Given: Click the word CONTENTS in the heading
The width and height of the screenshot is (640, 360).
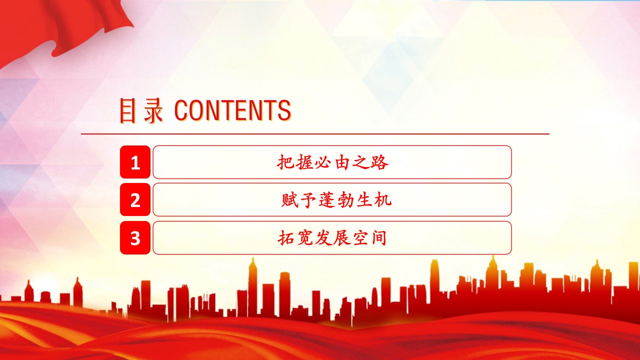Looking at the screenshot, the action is coord(232,110).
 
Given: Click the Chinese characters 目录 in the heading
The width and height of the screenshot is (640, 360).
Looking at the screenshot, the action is coord(141,110).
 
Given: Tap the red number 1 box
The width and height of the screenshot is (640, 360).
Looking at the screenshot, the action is coord(135,162).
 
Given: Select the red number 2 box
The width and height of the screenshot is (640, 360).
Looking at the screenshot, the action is coord(135,199).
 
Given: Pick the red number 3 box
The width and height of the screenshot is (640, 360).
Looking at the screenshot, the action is coord(135,237).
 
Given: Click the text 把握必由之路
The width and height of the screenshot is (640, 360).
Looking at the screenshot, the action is coord(332,162).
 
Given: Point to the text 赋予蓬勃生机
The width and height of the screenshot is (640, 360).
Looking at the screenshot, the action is coord(336,200).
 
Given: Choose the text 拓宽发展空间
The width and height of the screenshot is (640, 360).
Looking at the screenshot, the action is coord(332,237).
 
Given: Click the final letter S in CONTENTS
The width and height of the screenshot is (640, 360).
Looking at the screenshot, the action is coord(284,110).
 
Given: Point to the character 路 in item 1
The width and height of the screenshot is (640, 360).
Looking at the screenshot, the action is coord(379,162).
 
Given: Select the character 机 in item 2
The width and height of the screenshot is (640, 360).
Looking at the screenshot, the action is coord(383,200).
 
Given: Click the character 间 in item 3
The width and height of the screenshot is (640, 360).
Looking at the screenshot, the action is coord(379,238).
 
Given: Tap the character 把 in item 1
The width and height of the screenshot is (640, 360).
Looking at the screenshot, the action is coord(285,162).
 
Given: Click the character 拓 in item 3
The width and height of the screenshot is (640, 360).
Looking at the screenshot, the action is coord(286,238).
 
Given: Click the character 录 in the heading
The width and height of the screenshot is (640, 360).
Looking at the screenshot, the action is coord(153,111).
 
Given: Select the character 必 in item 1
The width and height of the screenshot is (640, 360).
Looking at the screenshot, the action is coord(323,162).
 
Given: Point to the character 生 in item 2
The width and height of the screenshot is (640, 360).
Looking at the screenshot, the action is coord(364,200).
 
